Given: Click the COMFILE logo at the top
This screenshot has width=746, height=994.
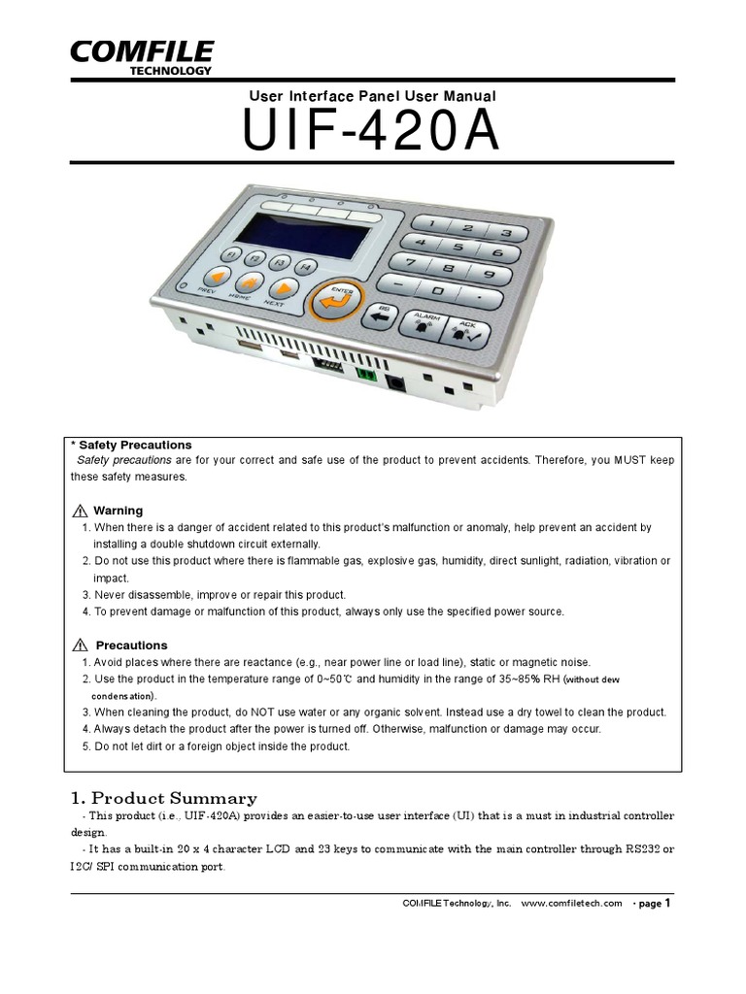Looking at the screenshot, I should [140, 55].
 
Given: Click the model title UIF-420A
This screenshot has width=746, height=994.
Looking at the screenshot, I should [372, 133].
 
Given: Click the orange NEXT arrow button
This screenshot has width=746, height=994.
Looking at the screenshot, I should [283, 287].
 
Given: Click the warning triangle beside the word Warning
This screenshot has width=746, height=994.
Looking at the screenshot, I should [81, 511].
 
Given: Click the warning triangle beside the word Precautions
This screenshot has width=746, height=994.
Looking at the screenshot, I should [81, 646].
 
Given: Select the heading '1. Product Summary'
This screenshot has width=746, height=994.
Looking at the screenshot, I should [163, 798].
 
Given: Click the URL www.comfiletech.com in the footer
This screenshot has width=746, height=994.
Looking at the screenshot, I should [571, 903].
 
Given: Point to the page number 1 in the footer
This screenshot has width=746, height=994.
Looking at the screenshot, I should [667, 902].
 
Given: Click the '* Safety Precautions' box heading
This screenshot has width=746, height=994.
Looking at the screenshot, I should [131, 445].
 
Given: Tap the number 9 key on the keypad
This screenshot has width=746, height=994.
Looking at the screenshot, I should [488, 273].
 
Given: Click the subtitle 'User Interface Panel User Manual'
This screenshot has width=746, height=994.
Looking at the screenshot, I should [372, 96].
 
